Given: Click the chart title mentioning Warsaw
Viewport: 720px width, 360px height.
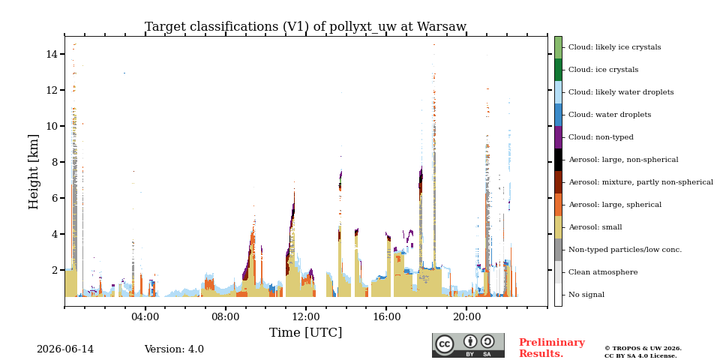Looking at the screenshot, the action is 305,27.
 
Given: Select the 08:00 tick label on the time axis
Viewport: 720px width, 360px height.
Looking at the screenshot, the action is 226,316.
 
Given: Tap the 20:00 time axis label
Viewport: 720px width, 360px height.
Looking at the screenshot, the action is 466,316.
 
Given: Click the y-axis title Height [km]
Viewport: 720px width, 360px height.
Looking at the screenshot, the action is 34,172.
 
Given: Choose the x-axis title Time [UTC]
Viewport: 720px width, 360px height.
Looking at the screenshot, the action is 305,332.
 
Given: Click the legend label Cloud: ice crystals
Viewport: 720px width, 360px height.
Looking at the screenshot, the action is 603,70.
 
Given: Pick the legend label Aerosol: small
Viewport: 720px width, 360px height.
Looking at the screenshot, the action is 595,227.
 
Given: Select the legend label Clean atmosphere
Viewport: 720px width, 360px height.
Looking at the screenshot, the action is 603,272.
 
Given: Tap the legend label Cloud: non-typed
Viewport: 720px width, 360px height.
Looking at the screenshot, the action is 601,137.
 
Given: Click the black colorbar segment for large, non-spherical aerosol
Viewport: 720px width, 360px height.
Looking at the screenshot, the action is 558,160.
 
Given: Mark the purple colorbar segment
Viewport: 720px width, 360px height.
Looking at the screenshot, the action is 558,137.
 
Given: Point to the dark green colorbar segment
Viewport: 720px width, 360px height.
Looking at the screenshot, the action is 558,70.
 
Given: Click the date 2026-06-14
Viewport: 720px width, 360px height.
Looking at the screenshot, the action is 65,349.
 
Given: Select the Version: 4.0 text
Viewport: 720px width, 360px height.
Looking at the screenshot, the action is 174,349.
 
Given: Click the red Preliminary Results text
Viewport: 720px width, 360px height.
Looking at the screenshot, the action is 552,348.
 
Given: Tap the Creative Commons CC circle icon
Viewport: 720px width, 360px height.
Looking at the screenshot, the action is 445,344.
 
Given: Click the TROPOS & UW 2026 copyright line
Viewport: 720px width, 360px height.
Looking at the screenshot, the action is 643,349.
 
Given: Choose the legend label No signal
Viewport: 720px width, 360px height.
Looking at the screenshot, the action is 586,295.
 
